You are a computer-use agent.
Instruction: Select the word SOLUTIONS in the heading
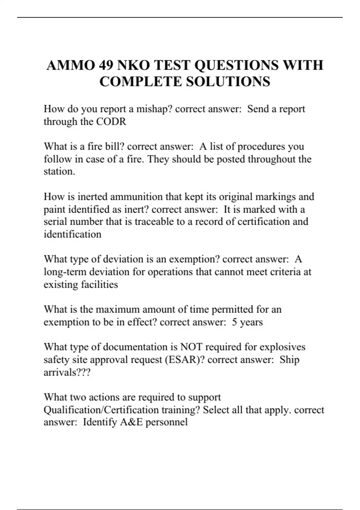pyautogui.click(x=228, y=82)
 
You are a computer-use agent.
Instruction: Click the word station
pyautogui.click(x=59, y=172)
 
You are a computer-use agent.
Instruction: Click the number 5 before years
pyautogui.click(x=234, y=322)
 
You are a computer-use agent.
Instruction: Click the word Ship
pyautogui.click(x=289, y=360)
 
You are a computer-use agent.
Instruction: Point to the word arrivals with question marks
pyautogui.click(x=67, y=372)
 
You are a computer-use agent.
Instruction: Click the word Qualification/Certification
pyautogui.click(x=122, y=410)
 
